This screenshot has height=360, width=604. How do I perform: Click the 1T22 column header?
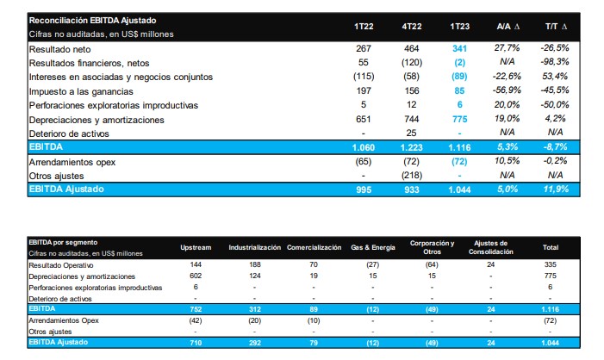[x=363, y=27]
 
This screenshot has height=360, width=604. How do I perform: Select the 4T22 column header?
[x=410, y=27]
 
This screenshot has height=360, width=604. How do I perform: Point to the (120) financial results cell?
[x=410, y=64]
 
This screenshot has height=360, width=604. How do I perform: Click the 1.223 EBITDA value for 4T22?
[x=410, y=148]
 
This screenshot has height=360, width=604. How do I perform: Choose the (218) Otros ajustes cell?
[x=410, y=175]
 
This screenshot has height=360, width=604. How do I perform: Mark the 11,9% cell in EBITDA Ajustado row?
[x=557, y=189]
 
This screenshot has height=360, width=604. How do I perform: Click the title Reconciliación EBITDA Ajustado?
[x=92, y=19]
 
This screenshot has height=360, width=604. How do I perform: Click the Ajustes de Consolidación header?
[x=491, y=247]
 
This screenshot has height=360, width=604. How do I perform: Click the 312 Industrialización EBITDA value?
[x=255, y=307]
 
